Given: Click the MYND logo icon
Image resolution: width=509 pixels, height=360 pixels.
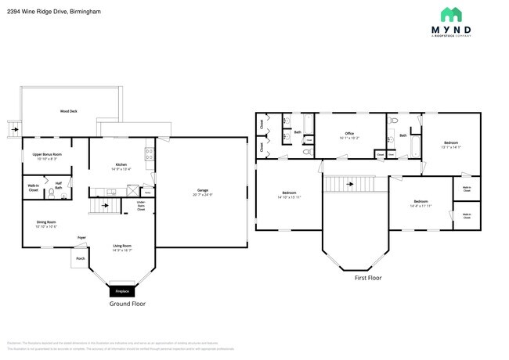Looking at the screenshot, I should tap(450, 14).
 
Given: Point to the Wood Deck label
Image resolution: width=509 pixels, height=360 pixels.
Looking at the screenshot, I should tap(69, 112).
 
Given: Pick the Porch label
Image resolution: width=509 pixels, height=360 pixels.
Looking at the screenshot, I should tap(80, 257).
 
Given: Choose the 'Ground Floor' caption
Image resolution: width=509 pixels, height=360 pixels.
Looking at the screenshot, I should tap(127, 304).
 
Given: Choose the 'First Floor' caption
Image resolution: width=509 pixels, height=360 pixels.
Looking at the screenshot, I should tap(367, 277).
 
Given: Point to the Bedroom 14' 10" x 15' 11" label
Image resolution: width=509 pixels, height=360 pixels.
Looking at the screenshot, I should tap(289, 195).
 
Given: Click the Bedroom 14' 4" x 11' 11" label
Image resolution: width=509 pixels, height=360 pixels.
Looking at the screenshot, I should tap(421, 203).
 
